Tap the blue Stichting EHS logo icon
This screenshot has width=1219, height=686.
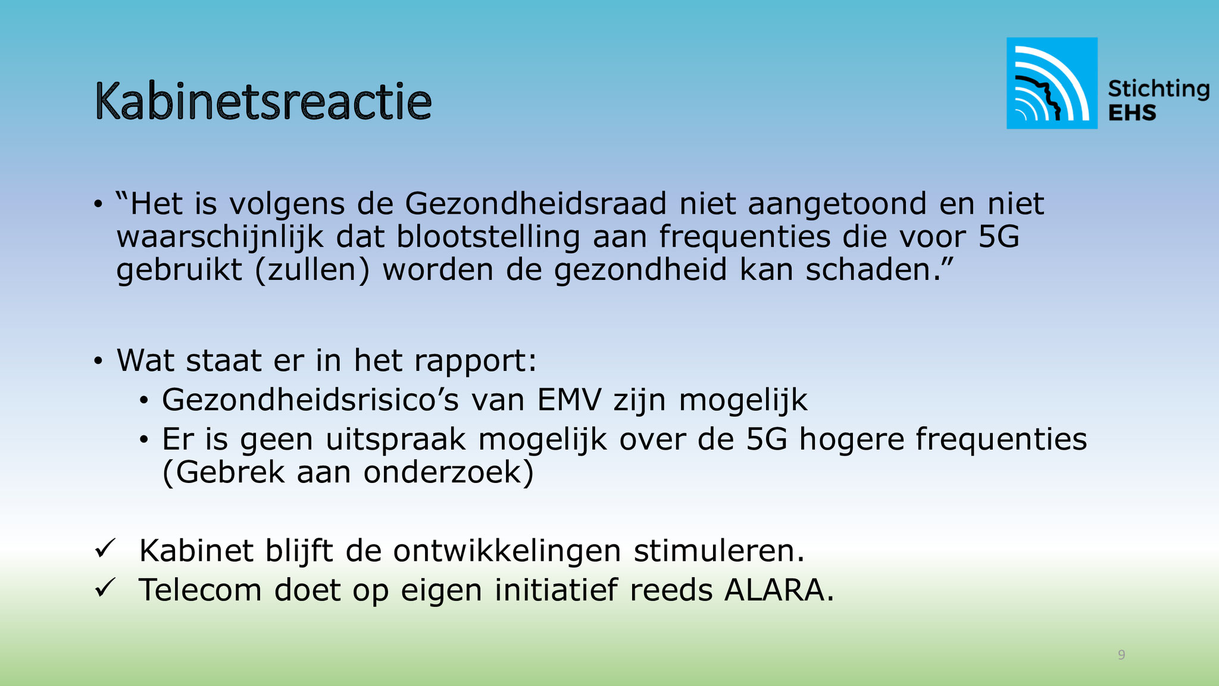(x=1052, y=83)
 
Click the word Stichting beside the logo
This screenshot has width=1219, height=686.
(x=1158, y=89)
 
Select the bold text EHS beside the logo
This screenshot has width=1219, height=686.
(x=1132, y=113)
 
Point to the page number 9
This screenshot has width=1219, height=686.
(x=1121, y=655)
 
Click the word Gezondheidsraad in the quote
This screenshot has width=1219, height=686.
(x=536, y=204)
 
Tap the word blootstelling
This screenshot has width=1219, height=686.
(x=488, y=238)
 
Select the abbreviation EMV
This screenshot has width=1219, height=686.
(x=569, y=400)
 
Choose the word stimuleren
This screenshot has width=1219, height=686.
(x=719, y=551)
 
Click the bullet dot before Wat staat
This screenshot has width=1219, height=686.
(x=98, y=361)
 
